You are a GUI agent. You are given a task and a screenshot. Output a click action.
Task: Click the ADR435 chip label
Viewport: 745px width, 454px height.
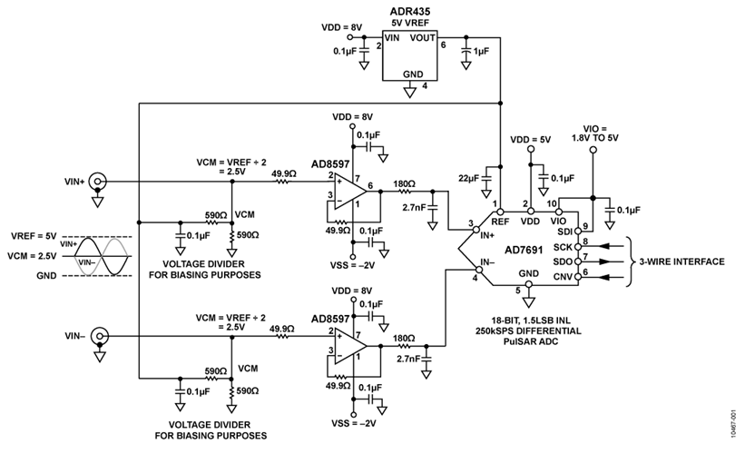pos(411,11)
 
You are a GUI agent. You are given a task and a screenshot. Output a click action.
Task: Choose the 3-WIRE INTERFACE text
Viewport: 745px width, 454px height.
pos(681,261)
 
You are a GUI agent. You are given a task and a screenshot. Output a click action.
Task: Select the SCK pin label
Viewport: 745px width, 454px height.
pos(564,247)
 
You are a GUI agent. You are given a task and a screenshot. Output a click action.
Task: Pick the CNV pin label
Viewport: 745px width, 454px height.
pos(564,275)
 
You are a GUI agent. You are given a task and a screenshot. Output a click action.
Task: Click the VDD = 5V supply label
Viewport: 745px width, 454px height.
pos(530,140)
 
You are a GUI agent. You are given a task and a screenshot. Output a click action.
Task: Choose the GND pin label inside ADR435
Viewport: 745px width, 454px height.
pos(413,73)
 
